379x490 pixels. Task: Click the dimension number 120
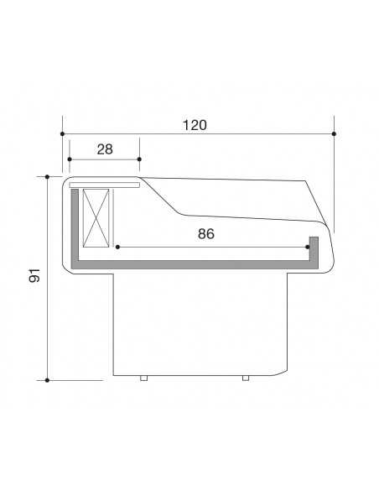coord(195,125)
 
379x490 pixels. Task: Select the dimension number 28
coord(105,149)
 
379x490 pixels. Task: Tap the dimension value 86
coord(206,234)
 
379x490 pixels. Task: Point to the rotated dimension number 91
coord(35,277)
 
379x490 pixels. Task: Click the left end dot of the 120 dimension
coord(62,133)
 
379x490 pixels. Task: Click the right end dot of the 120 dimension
coord(334,133)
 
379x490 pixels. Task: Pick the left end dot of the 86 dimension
coord(118,247)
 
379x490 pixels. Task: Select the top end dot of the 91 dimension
coord(48,176)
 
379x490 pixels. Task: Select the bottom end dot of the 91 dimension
coord(48,380)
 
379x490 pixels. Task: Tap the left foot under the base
coord(143,378)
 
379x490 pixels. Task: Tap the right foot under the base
coord(245,378)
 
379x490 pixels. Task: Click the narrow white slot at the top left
coord(105,182)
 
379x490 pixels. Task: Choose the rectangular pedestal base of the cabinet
coord(201,323)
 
